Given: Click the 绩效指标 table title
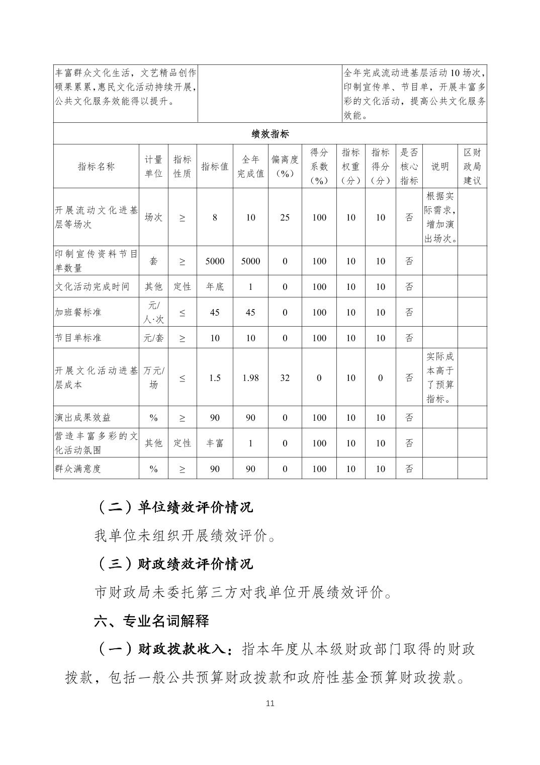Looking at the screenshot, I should (x=270, y=134).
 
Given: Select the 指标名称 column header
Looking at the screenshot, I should (x=96, y=167).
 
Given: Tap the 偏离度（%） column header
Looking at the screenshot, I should (x=285, y=167).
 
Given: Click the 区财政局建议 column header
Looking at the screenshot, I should (x=472, y=167).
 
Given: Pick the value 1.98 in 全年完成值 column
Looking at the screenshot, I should (x=250, y=377).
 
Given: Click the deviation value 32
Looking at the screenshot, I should (x=285, y=377).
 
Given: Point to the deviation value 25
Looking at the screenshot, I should (x=285, y=217).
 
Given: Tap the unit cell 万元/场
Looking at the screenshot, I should (x=153, y=377).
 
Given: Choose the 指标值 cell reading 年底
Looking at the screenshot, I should (x=215, y=286).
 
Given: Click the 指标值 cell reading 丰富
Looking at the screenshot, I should (x=215, y=443).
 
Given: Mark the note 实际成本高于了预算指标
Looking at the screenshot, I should (x=440, y=377).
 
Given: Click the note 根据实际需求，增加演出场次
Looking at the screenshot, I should (x=440, y=217).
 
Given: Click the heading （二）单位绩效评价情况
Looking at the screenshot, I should (x=173, y=507).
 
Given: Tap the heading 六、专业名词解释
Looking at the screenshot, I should (x=151, y=621).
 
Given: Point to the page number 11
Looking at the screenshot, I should (x=270, y=703).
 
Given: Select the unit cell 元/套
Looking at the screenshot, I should (x=153, y=338).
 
